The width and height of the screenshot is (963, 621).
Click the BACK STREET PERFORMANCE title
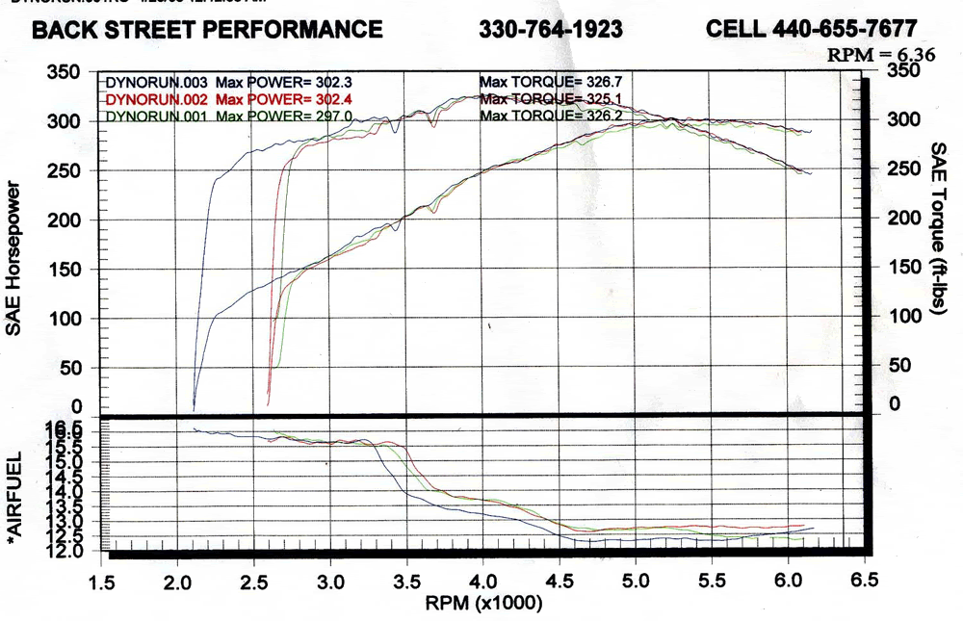click(x=207, y=30)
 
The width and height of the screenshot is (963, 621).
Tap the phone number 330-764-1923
click(x=551, y=30)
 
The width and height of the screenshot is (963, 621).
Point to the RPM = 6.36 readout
click(x=881, y=55)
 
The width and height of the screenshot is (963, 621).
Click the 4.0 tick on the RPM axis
click(x=482, y=582)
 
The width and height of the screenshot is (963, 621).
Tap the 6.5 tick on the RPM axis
click(x=865, y=580)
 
